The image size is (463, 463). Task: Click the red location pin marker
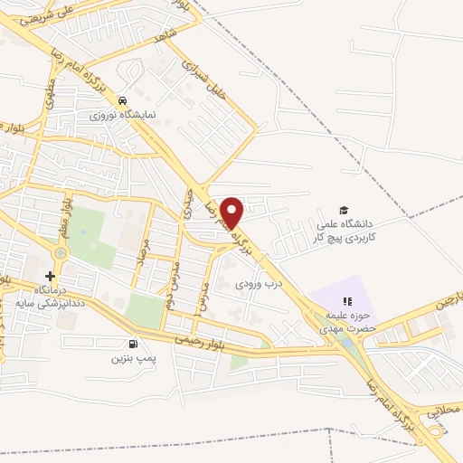(233, 212)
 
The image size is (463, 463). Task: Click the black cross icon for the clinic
(50, 275)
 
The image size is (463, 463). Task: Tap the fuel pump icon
(134, 344)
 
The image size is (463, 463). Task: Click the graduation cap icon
(342, 209)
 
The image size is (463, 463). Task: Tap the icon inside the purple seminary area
(344, 302)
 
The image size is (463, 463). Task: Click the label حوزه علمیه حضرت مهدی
(345, 323)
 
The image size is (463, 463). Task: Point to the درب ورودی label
(254, 284)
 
